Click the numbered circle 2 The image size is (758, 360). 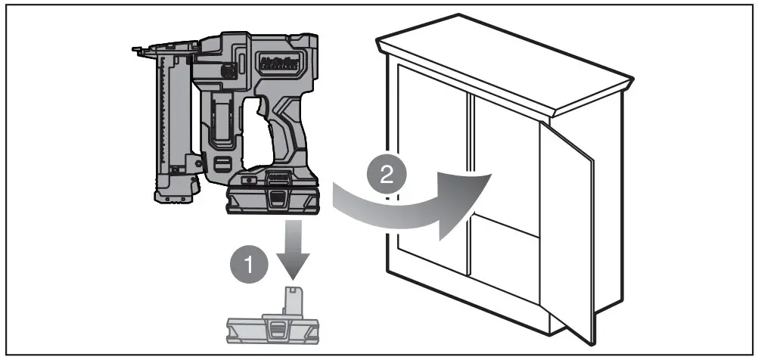[x=387, y=177]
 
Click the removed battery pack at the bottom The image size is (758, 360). [x=277, y=324]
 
